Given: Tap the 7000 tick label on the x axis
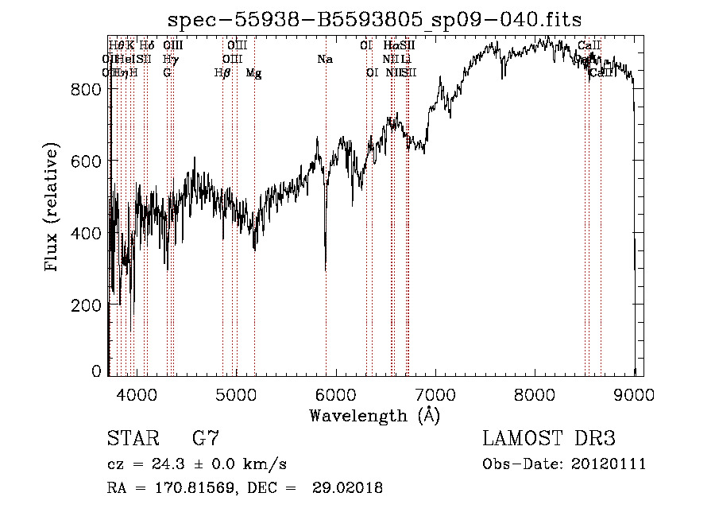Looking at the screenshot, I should (435, 393).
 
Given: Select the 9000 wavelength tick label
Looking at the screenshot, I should (634, 393).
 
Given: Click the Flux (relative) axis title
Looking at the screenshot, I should (53, 208).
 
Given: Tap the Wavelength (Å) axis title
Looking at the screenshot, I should (374, 415).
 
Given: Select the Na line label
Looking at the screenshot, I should (325, 59).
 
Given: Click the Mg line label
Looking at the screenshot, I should (253, 73).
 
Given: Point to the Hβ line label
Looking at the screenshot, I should (222, 73).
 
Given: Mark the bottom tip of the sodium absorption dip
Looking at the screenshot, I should (326, 270).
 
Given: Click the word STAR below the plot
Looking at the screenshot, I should (131, 439).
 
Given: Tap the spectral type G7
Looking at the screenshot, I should (205, 439).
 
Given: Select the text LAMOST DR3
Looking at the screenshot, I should (549, 439).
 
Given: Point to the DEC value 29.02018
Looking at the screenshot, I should (350, 488).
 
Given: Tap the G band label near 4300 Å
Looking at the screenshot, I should (167, 73).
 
